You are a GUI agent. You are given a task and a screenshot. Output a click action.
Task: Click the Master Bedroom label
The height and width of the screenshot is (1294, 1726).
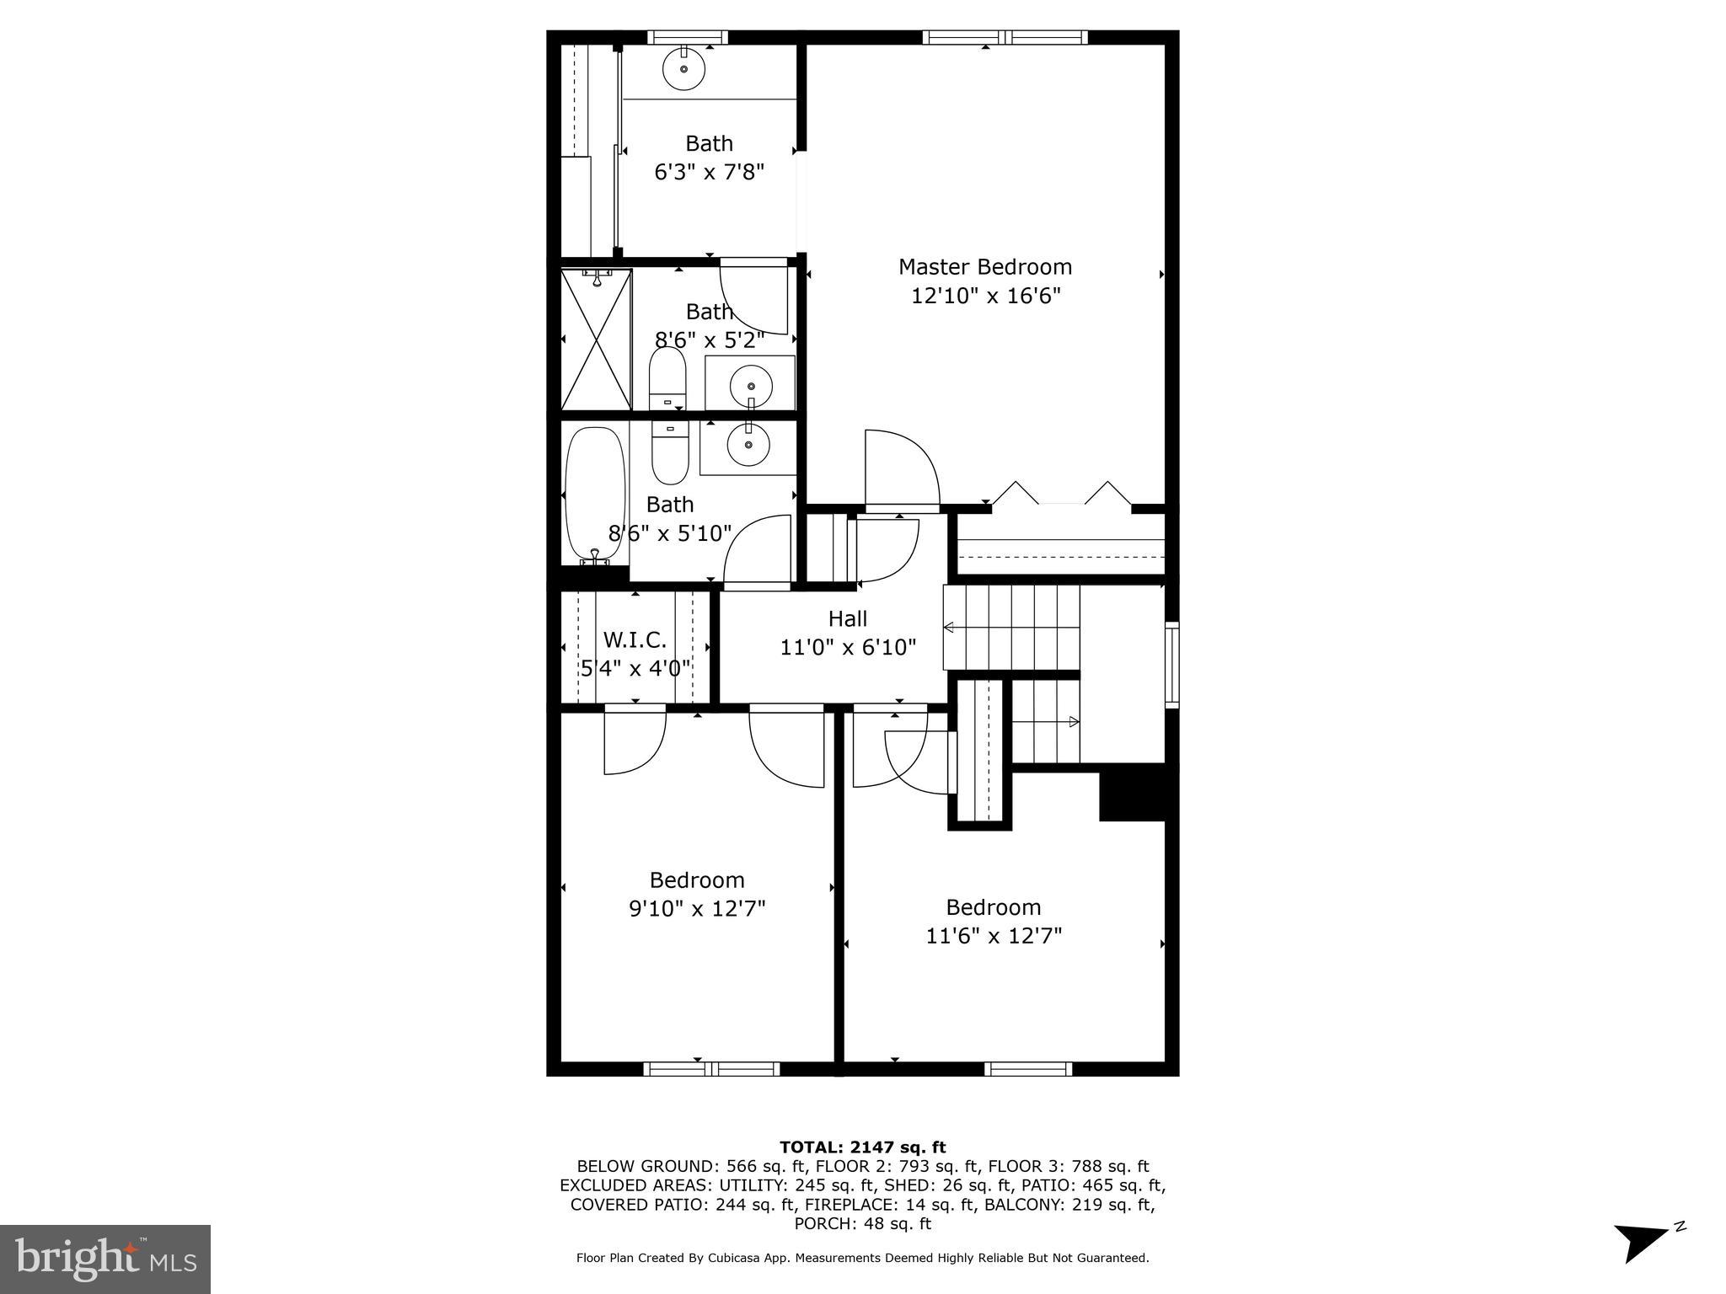click(x=984, y=267)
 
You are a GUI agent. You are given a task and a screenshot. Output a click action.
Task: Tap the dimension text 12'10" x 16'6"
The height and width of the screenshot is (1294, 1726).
click(x=984, y=297)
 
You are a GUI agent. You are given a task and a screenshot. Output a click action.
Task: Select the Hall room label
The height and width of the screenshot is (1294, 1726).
click(x=847, y=619)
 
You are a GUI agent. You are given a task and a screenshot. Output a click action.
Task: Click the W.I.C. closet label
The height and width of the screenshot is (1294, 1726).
click(x=635, y=640)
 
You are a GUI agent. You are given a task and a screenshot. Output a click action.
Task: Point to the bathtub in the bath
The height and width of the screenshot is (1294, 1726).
click(x=595, y=495)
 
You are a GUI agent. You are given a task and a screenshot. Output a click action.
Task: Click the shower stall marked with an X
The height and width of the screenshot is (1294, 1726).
click(x=596, y=340)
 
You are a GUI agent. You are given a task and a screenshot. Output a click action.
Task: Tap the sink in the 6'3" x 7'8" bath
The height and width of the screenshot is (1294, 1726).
click(x=683, y=68)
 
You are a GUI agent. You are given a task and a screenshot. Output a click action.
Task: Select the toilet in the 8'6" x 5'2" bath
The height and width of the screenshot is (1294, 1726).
click(x=667, y=378)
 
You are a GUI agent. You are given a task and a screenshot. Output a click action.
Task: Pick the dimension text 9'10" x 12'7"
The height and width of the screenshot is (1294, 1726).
click(x=697, y=909)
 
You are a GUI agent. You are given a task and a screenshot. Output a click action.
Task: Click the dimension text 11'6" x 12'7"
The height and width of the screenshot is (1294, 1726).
click(x=994, y=936)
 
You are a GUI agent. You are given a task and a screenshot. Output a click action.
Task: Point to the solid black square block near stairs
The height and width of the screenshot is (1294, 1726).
click(x=1132, y=792)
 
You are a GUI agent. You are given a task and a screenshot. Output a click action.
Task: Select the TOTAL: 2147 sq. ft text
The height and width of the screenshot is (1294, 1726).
click(x=862, y=1147)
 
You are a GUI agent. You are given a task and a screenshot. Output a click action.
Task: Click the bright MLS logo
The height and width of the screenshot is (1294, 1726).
click(x=105, y=1259)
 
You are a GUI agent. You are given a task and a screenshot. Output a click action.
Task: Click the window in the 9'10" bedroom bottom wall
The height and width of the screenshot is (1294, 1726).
click(x=712, y=1069)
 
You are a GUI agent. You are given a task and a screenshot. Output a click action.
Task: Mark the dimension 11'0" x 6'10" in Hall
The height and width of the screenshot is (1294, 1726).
click(x=847, y=648)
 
